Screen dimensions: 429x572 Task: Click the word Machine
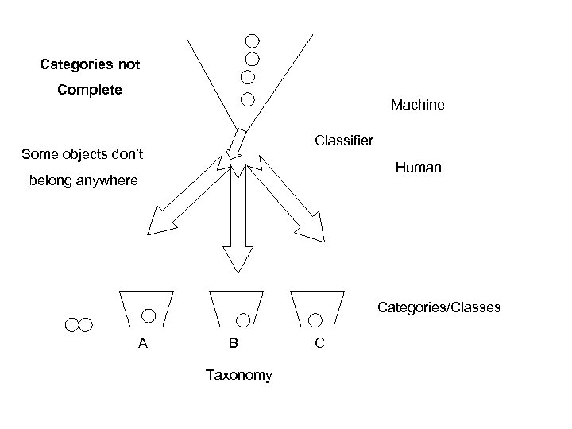tap(417, 105)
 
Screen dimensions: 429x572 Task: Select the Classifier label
tap(343, 141)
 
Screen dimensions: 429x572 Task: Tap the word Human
tap(419, 168)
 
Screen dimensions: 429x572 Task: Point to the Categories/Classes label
tap(439, 307)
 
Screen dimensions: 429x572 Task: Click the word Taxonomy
tap(238, 375)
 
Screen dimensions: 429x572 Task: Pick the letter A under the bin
tap(143, 344)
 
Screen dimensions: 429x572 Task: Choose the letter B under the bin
tap(233, 344)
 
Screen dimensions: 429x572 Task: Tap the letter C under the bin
tap(319, 344)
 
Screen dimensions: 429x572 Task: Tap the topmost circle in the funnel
tap(252, 40)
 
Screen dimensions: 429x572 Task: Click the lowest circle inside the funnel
tap(247, 99)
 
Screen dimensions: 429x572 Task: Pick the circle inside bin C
tap(315, 319)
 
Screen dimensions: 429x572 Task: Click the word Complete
tap(90, 90)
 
